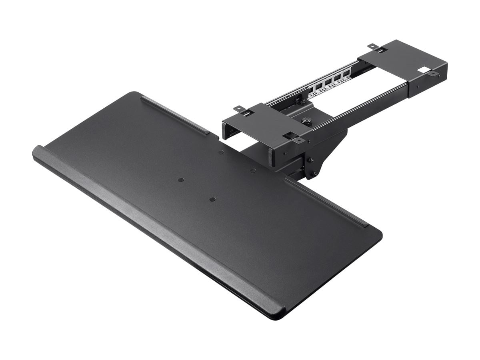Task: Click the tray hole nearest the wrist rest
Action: (211, 199)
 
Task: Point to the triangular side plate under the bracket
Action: (326, 154)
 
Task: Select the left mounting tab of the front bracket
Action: (239, 108)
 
